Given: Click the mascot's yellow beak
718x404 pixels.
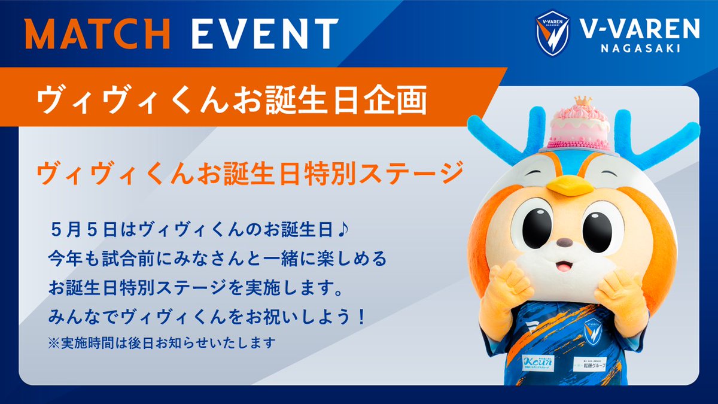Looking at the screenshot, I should point(570,186).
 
